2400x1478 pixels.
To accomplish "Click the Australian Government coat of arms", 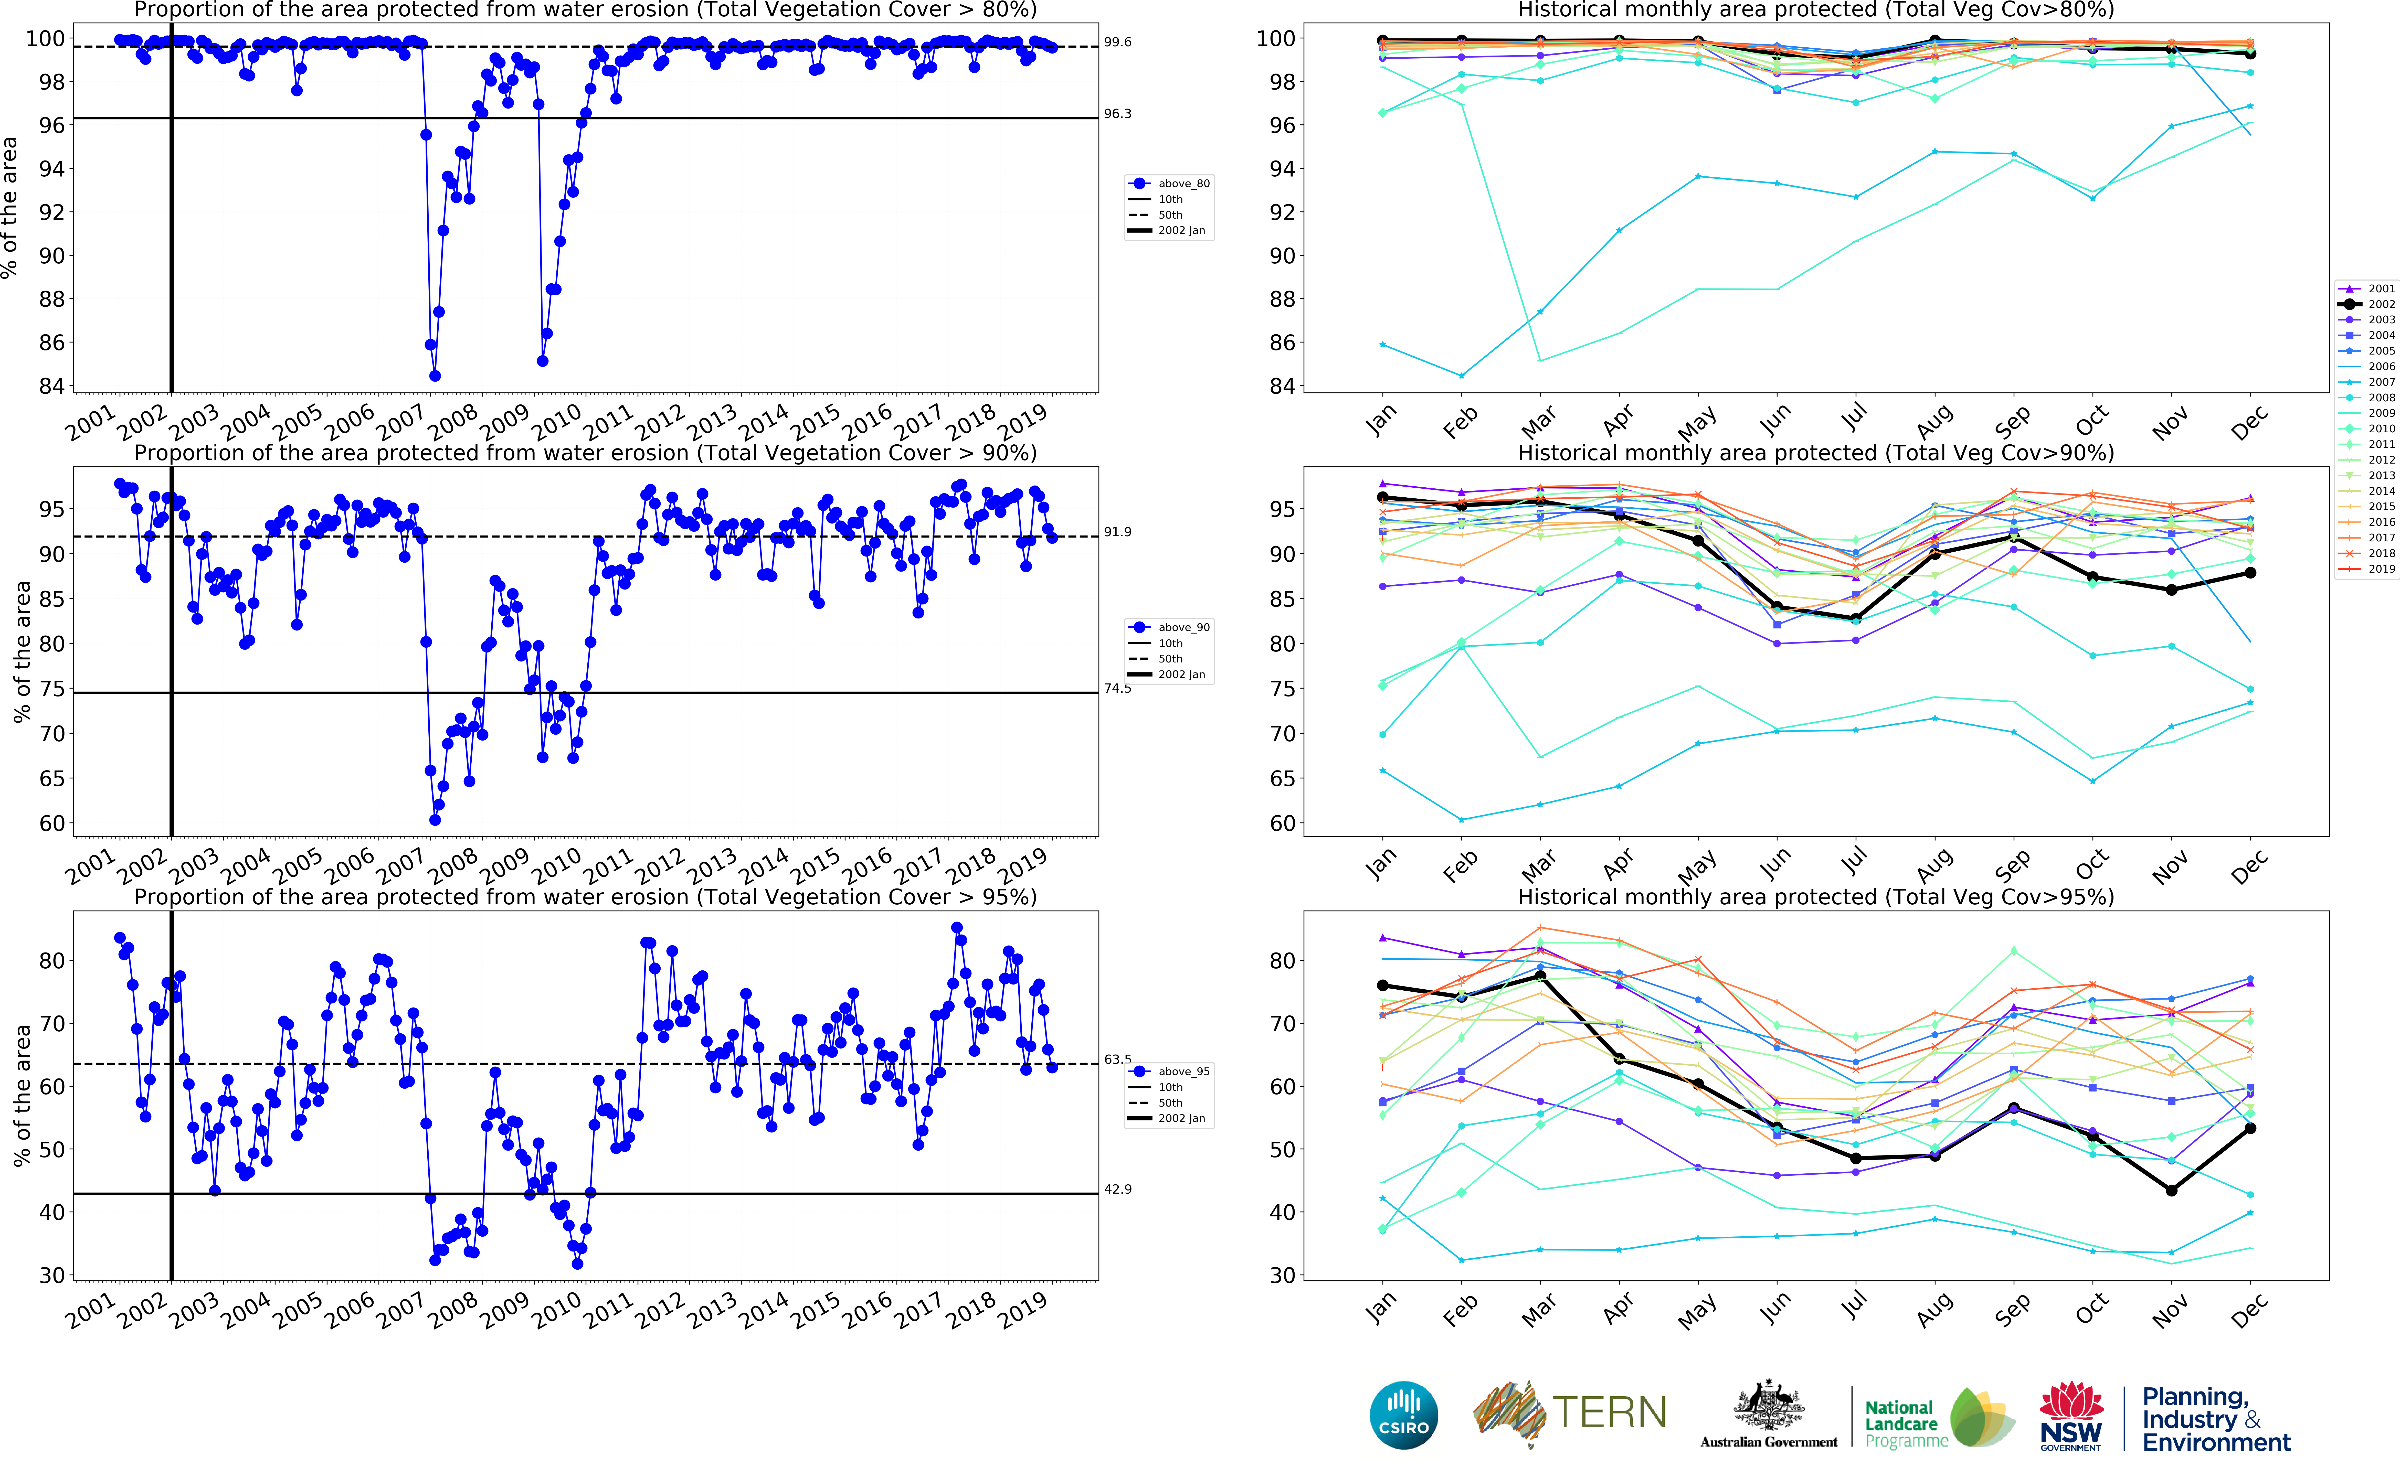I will [x=1769, y=1408].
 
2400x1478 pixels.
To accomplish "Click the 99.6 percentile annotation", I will [x=1117, y=42].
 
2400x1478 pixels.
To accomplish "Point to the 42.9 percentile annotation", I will [x=1117, y=1190].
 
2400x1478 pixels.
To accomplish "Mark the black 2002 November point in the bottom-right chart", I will [x=2171, y=1191].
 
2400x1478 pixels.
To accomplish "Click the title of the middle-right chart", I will [x=1815, y=454].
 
